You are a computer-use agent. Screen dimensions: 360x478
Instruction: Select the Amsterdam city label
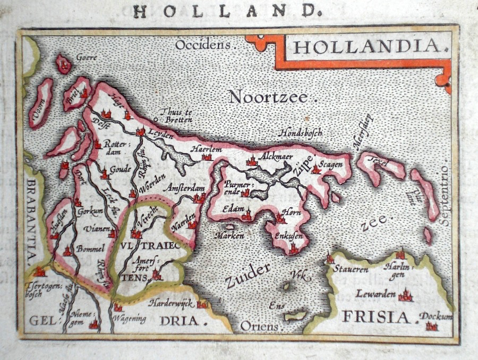coord(184,188)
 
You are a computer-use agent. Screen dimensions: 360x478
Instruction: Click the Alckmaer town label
coord(276,157)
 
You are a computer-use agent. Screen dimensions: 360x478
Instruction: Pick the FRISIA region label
coord(377,317)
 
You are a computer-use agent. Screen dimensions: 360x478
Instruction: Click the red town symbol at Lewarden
coord(406,295)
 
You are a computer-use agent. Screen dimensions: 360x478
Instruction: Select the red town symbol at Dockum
coord(431,325)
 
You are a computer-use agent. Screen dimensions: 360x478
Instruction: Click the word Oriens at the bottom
coord(259,325)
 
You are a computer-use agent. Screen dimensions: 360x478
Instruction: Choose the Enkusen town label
coord(289,236)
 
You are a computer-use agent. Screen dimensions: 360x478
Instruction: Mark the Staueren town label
coord(351,269)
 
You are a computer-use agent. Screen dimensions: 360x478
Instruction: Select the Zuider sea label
coord(247,275)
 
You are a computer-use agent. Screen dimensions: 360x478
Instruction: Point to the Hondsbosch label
coord(301,133)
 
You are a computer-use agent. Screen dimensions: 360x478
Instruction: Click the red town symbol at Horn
coord(280,218)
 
